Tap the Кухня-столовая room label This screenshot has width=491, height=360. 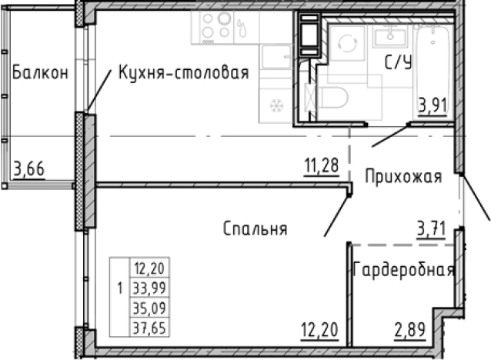coord(183,73)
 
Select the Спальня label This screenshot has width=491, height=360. coord(256,228)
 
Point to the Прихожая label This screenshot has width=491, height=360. coord(402,177)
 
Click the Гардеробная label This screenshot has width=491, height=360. coord(404,270)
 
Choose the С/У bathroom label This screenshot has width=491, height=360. coord(397,64)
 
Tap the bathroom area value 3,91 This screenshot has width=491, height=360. coord(433,105)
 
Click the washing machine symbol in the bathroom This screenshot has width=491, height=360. coord(347,45)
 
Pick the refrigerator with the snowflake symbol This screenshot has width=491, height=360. coord(275,105)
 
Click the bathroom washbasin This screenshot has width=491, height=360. coord(392,35)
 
